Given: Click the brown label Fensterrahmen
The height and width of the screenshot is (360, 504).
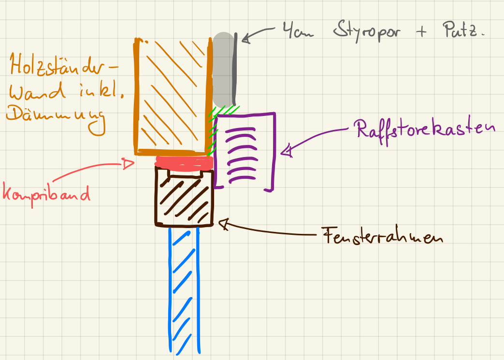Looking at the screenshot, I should pos(382,237).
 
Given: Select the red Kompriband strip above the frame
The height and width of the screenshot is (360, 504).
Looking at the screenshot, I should pos(184,162).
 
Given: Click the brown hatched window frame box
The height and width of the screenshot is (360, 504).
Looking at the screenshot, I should pos(184,198).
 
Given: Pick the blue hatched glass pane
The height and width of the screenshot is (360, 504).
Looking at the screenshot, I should pos(184,290).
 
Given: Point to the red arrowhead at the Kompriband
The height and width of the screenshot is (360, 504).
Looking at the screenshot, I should pos(129,164).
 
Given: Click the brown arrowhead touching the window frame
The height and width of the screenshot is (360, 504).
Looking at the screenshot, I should pos(223,223).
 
